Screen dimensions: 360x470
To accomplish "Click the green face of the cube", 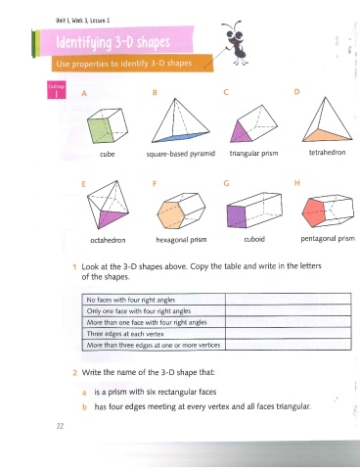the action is point(100,130).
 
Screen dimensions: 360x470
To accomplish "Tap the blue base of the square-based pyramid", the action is point(181,137).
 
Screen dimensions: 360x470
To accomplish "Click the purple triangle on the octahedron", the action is point(111,217).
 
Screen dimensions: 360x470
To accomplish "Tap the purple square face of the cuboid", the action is point(237,216).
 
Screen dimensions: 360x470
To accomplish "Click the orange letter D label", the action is point(296,92).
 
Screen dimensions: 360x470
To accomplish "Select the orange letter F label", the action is point(155,184).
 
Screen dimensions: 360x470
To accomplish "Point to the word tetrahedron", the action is point(327,153).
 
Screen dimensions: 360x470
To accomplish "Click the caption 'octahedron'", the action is point(108,240).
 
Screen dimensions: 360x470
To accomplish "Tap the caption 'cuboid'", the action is point(254,239).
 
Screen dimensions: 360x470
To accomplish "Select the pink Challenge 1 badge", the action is point(57,90).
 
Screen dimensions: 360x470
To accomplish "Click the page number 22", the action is point(60,426).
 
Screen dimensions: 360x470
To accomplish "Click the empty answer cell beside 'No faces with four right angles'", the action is point(288,300).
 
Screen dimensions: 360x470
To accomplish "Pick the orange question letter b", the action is point(84,407).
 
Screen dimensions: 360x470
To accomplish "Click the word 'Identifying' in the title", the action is point(84,43).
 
